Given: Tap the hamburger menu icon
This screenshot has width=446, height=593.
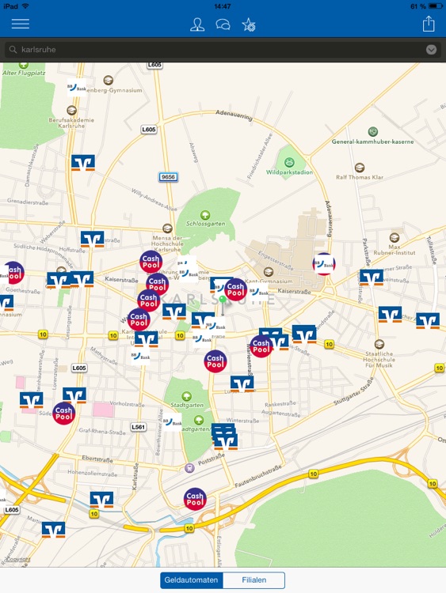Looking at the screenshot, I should (20, 24).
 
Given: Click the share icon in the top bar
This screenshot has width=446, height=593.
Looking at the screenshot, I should (429, 24).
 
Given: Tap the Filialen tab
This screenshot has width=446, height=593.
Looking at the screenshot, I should (253, 580).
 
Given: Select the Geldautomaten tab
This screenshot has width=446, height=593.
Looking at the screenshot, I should (191, 580).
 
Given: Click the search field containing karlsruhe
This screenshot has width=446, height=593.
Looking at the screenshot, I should (214, 49).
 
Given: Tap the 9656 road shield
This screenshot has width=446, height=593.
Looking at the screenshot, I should (167, 177).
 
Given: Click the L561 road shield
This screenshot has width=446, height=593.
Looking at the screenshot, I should (139, 426).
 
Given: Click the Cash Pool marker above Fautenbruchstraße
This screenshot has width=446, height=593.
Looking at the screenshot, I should (195, 499).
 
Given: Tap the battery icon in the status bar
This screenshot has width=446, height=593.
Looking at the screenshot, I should (433, 6).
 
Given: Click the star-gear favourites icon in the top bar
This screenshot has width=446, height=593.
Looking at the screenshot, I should (249, 25).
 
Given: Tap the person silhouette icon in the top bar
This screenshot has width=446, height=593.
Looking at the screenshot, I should (197, 25).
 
